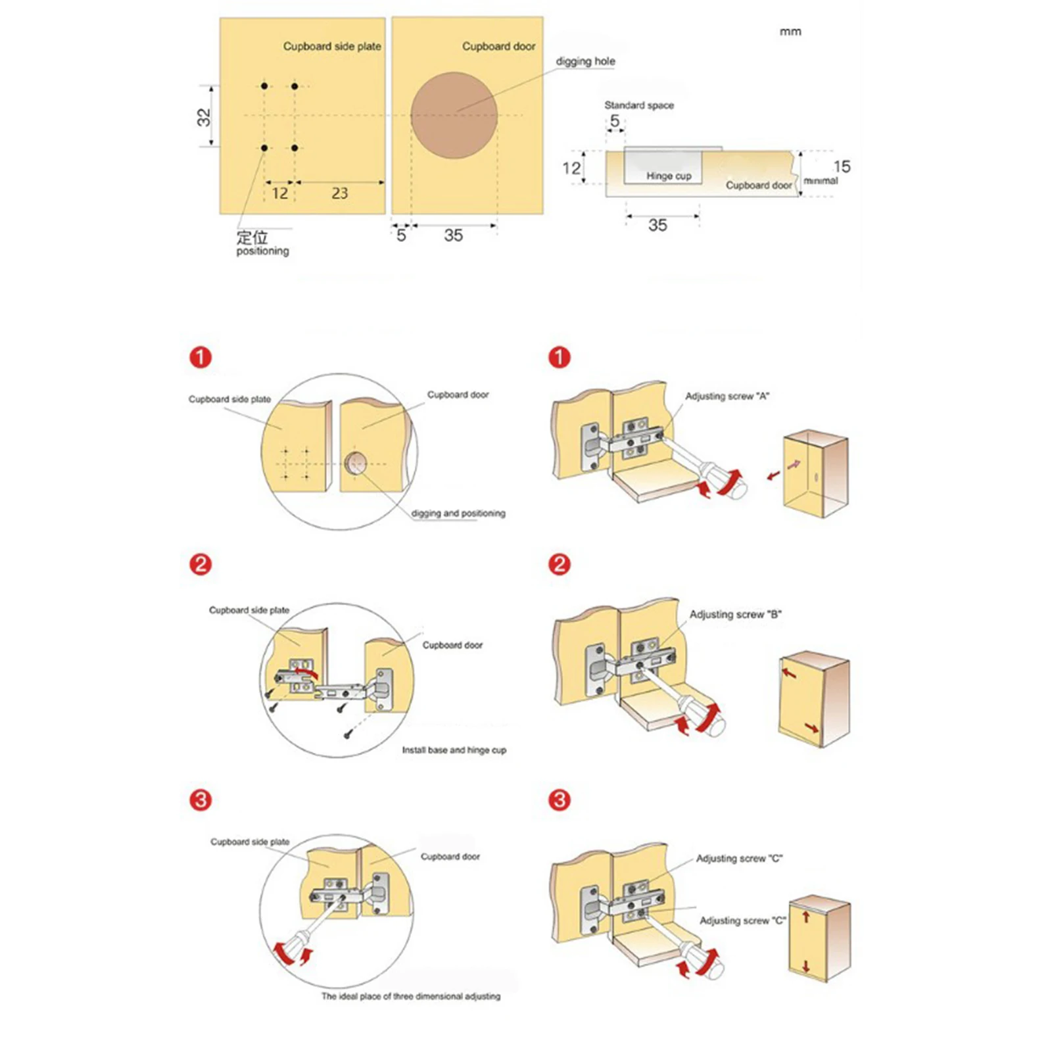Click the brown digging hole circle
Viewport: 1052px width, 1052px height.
coord(454,115)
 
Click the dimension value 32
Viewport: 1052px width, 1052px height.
coord(204,117)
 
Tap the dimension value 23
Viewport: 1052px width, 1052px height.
coord(339,193)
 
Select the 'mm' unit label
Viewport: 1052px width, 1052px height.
coord(790,32)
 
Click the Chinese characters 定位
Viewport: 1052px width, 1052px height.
coord(252,237)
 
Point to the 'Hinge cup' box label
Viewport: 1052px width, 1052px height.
coord(668,176)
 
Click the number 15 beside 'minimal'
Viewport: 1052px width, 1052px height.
coord(842,166)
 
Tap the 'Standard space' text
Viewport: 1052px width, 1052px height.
coord(639,105)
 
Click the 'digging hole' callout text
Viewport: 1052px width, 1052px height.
coord(585,61)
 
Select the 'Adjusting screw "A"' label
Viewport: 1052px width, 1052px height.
coord(727,396)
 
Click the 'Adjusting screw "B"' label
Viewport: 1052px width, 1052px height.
coord(735,614)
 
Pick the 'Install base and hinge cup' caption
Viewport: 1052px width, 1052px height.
coord(454,750)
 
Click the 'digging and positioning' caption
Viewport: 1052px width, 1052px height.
coord(458,513)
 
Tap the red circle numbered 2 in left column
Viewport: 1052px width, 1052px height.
coord(201,564)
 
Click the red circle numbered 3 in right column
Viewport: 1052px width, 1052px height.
coord(560,800)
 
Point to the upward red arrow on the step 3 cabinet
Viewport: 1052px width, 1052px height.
coord(806,916)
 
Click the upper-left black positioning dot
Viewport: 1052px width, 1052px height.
coord(264,86)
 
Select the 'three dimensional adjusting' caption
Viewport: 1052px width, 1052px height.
coord(410,996)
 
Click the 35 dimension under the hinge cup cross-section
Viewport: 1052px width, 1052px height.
coord(657,226)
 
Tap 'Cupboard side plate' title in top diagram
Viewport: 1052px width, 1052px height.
coord(332,47)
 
